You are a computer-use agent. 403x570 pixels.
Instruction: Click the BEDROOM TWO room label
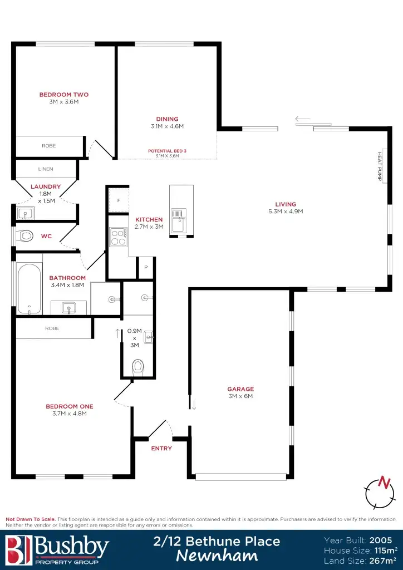[x=63, y=95]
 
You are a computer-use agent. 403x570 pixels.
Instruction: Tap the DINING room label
[x=167, y=119]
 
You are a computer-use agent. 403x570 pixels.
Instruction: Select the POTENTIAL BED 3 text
[x=167, y=151]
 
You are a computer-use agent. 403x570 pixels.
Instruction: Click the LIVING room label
[x=286, y=204]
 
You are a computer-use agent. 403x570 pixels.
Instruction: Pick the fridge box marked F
[x=119, y=200]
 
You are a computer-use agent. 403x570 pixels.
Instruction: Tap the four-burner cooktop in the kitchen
[x=119, y=238]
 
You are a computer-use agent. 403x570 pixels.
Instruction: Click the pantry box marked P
[x=146, y=267]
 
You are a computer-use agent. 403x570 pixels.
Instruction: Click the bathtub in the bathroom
[x=29, y=289]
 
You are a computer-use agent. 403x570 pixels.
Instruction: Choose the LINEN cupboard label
[x=46, y=169]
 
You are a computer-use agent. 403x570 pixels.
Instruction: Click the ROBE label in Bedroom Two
[x=49, y=145]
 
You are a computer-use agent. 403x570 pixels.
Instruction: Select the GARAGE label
[x=240, y=389]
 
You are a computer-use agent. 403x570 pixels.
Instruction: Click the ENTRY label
[x=161, y=448]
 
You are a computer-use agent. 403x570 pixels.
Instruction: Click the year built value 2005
[x=380, y=540]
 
